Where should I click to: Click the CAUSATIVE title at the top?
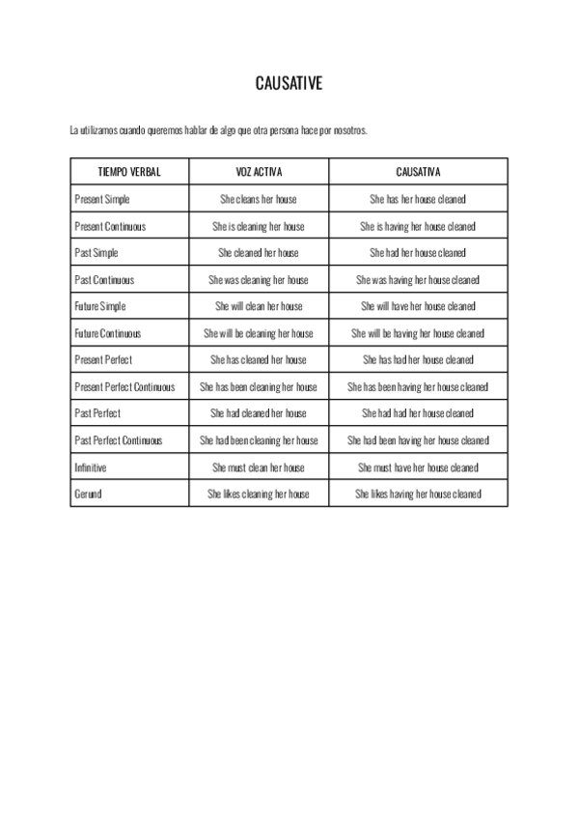289,84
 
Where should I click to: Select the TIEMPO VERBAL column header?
129,172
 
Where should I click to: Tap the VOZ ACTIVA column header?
259,172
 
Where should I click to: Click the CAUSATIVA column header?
418,172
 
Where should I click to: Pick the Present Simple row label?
102,199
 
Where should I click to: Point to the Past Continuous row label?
104,280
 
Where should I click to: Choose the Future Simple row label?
100,306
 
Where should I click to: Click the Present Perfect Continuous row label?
124,386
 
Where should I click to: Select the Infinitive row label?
91,467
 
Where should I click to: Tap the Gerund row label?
88,494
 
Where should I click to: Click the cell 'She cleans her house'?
259,199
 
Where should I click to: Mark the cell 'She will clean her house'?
259,306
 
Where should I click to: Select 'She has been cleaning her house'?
259,386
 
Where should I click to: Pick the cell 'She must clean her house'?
259,467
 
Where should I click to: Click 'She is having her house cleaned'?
418,226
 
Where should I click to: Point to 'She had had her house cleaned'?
418,413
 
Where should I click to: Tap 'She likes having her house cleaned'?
418,494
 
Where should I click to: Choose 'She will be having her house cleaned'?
418,333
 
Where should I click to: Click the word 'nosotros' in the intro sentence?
350,129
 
